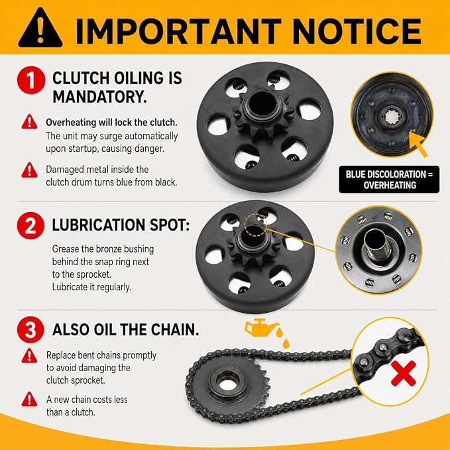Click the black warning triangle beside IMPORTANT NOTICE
tap(40, 28)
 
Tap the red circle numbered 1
tap(31, 80)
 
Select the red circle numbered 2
tap(30, 225)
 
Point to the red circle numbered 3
tap(30, 330)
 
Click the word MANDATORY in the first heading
tap(99, 97)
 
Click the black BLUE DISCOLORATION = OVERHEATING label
tap(389, 180)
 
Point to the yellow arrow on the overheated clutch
tap(418, 145)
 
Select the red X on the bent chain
tap(404, 373)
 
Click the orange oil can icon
tap(260, 327)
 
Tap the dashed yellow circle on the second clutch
tap(256, 225)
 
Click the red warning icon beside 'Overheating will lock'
tap(29, 122)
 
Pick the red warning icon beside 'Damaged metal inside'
tap(29, 170)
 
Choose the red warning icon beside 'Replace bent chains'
tap(29, 356)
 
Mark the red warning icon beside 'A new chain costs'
tap(29, 399)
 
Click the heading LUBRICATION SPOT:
tap(121, 225)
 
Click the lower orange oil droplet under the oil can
tap(286, 343)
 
